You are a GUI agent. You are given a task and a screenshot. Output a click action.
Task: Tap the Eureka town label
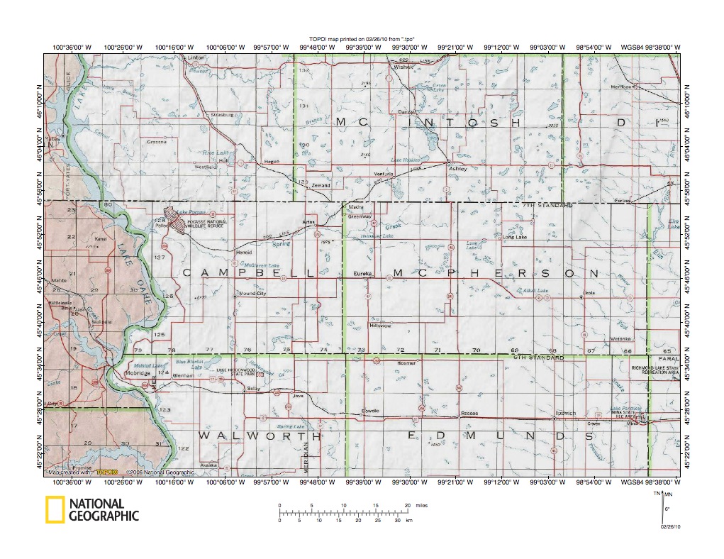(x=362, y=273)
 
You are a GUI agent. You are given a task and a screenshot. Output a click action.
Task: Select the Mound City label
(x=252, y=293)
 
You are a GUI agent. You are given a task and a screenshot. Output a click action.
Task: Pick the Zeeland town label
(x=321, y=185)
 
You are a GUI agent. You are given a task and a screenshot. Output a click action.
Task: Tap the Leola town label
(x=588, y=293)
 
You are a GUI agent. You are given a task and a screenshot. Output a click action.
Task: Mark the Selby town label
(x=254, y=389)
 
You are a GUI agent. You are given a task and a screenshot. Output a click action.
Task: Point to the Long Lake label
(x=515, y=237)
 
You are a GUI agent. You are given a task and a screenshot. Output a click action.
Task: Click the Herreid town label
(x=243, y=252)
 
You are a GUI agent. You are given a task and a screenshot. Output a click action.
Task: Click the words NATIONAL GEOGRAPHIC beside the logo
(x=104, y=510)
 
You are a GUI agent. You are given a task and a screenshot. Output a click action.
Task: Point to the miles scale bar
(x=343, y=510)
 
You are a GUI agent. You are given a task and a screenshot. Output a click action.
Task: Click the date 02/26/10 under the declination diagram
(x=670, y=527)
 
